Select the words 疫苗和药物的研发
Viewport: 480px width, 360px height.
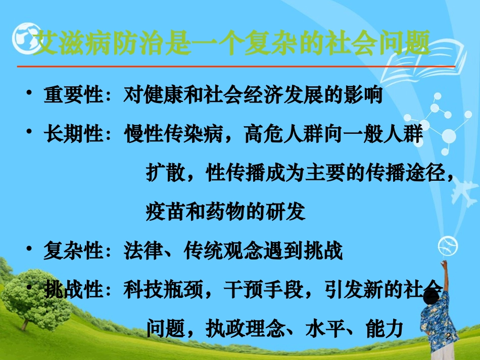(225, 212)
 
